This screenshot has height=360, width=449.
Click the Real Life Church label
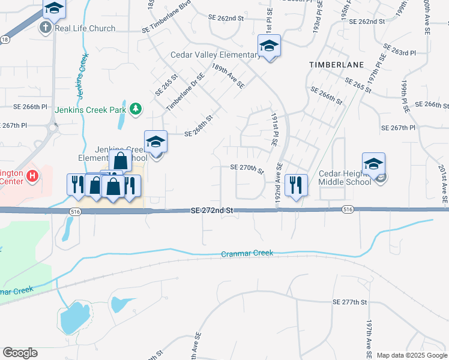(85, 28)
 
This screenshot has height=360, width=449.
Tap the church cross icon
(46, 28)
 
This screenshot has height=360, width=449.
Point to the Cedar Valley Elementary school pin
(269, 47)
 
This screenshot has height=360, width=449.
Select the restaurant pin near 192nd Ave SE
(296, 184)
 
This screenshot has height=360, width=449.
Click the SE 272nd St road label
(211, 211)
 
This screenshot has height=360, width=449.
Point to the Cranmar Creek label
(247, 253)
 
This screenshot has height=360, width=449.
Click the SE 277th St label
(349, 302)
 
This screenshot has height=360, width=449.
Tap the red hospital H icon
(33, 176)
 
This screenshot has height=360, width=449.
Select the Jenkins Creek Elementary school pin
(156, 143)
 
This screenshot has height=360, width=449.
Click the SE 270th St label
(247, 169)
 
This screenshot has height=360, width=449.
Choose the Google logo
(20, 353)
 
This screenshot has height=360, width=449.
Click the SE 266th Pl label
(30, 107)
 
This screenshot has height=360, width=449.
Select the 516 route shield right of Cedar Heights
(348, 209)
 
